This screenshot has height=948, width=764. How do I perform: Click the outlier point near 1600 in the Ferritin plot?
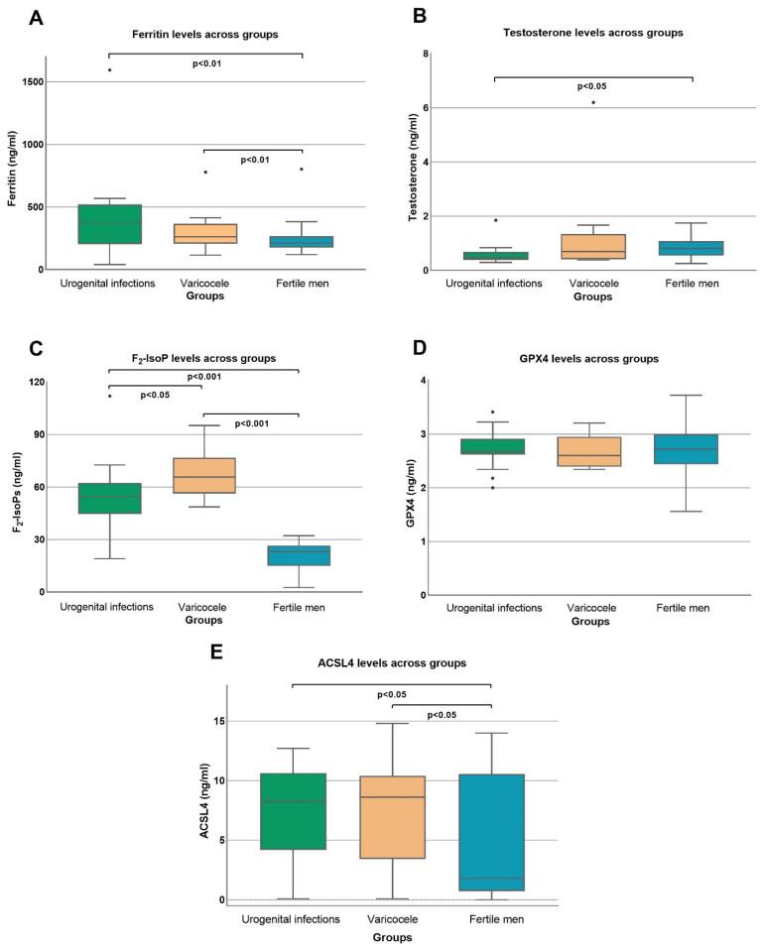[109, 70]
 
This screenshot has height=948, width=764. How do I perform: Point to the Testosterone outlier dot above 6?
[593, 102]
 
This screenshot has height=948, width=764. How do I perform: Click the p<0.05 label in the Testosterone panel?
[592, 86]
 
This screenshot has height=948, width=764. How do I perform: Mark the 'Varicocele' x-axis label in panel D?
[592, 608]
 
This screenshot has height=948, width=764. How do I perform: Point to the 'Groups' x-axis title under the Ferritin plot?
[202, 296]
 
